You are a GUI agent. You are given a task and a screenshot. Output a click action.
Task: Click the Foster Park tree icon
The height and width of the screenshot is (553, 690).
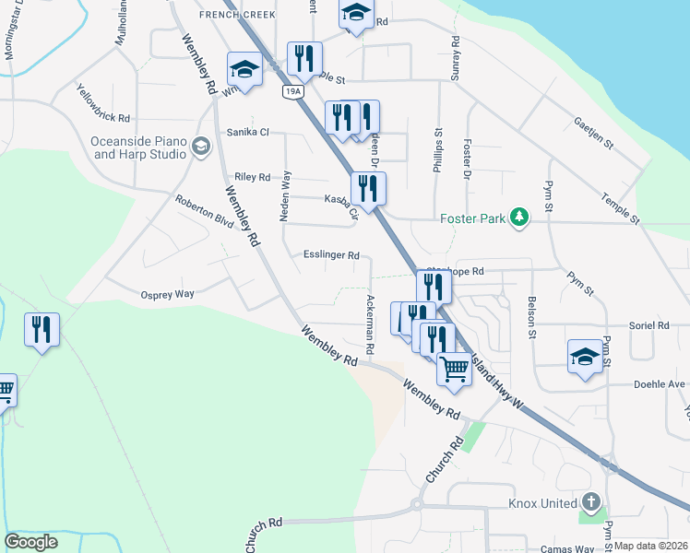[x=521, y=217]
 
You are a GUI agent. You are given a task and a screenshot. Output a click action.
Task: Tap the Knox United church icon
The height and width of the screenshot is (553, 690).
[x=590, y=503]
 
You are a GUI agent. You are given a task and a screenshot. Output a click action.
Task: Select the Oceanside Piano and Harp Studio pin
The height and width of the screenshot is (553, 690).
[x=198, y=147]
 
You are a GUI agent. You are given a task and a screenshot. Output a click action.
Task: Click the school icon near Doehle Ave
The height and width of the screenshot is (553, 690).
[x=584, y=356]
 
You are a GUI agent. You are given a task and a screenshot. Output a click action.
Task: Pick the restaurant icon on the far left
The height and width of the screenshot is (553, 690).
[x=42, y=329]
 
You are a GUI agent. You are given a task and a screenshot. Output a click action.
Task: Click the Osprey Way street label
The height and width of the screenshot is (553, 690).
[x=167, y=294]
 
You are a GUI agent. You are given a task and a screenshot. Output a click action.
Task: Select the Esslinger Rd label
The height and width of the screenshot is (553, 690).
[x=331, y=255]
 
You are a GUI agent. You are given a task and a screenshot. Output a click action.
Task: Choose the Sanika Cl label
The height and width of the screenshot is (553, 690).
[x=248, y=132]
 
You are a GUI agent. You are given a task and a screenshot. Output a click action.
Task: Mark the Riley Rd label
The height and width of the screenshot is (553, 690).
[x=252, y=177]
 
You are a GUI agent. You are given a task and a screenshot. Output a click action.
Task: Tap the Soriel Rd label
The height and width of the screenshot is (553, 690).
[x=649, y=325]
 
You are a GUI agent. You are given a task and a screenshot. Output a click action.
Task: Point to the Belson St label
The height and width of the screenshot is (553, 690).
[x=532, y=316]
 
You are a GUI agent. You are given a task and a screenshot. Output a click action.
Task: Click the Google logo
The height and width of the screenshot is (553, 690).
[x=31, y=542]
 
